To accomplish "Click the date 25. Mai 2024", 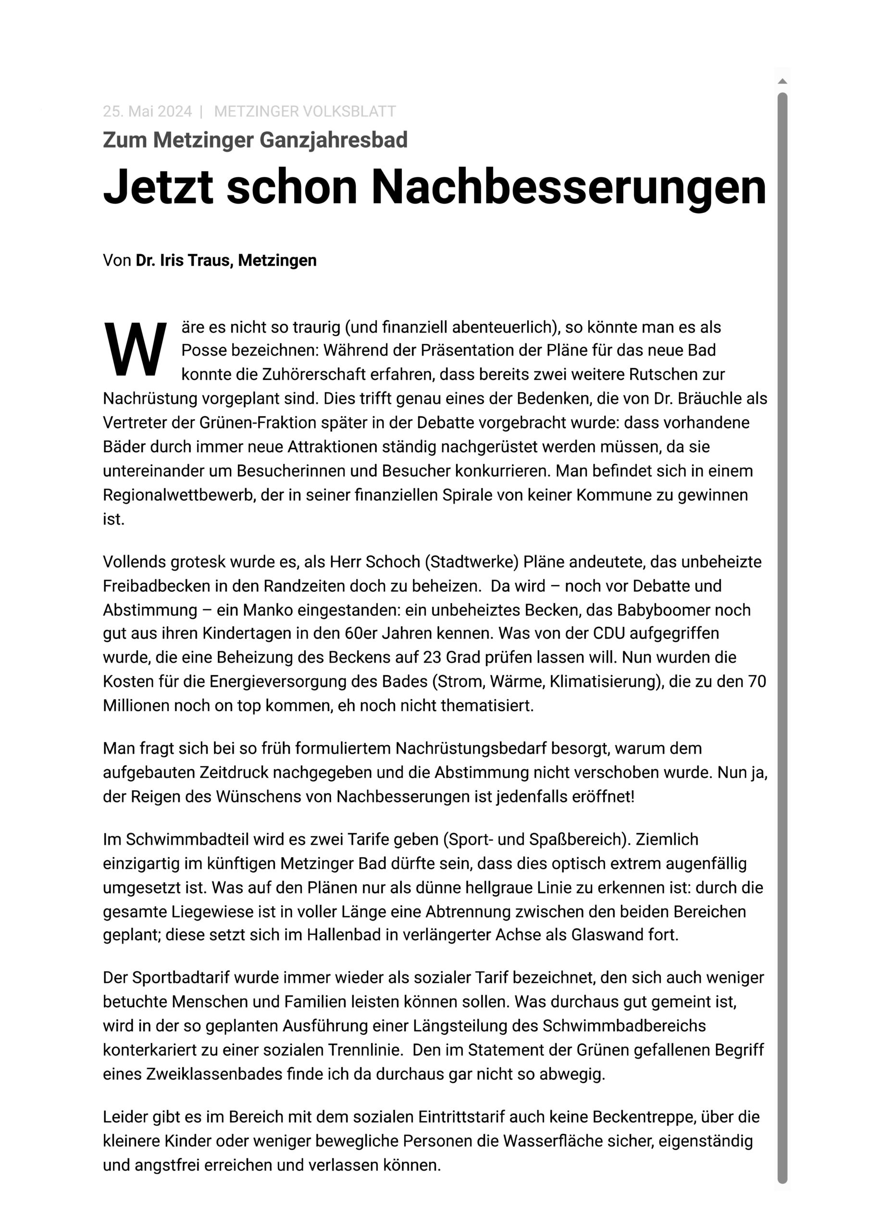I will click(x=147, y=111).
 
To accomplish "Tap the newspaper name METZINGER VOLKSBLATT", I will click(x=305, y=111).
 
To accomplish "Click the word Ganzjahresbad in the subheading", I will click(x=334, y=140).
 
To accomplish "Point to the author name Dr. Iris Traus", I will click(x=183, y=260).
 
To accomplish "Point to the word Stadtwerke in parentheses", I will click(x=472, y=562).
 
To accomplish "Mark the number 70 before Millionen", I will click(x=757, y=681).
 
